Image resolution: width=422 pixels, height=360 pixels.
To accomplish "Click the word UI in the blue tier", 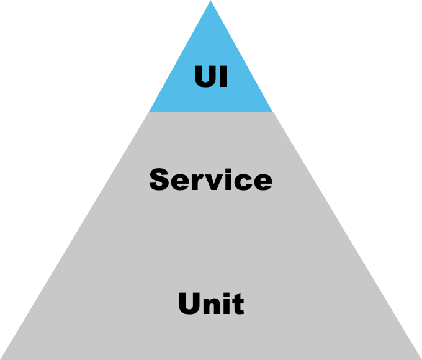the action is click(x=210, y=78).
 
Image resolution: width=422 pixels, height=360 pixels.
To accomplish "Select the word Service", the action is click(x=210, y=179).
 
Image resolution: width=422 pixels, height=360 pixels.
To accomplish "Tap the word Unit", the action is click(x=210, y=304).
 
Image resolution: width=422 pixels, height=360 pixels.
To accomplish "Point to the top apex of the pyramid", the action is click(x=210, y=2).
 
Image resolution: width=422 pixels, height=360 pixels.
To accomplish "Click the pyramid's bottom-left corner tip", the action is click(x=2, y=358).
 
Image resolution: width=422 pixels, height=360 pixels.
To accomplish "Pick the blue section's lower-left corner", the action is click(x=149, y=111).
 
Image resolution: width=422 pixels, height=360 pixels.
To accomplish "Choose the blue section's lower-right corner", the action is click(x=272, y=111).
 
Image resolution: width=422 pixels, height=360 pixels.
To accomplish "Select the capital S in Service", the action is click(x=159, y=179).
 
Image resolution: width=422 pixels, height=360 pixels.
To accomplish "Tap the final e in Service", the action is click(x=263, y=182).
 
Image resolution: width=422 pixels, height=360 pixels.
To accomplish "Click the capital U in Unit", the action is click(x=189, y=304).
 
